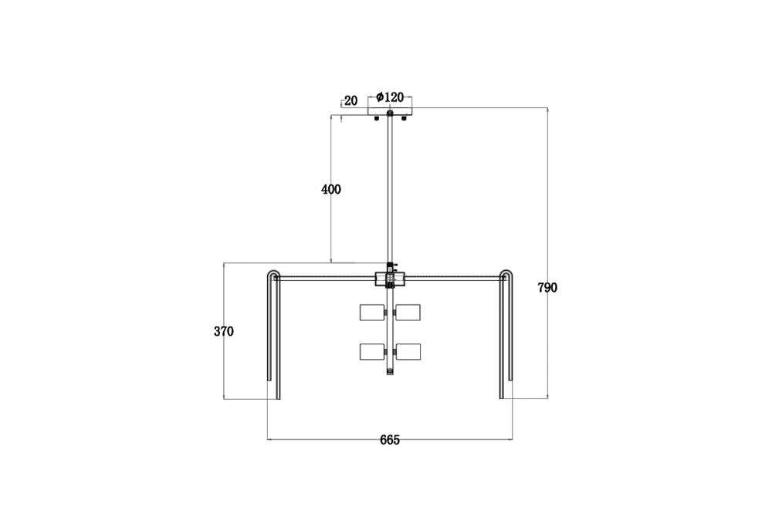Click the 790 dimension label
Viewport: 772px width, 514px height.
pos(547,288)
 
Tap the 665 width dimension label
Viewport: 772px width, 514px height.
pos(390,440)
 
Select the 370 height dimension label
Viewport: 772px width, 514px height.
pos(224,331)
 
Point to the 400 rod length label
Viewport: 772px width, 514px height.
pos(331,189)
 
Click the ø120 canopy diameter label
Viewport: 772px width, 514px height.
pos(390,97)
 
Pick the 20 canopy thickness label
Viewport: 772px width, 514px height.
pos(350,100)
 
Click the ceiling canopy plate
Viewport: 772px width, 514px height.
pos(390,111)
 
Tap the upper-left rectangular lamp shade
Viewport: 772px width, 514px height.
pos(372,312)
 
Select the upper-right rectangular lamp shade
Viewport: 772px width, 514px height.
pos(408,312)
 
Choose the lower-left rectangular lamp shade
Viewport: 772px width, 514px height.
pos(372,351)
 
